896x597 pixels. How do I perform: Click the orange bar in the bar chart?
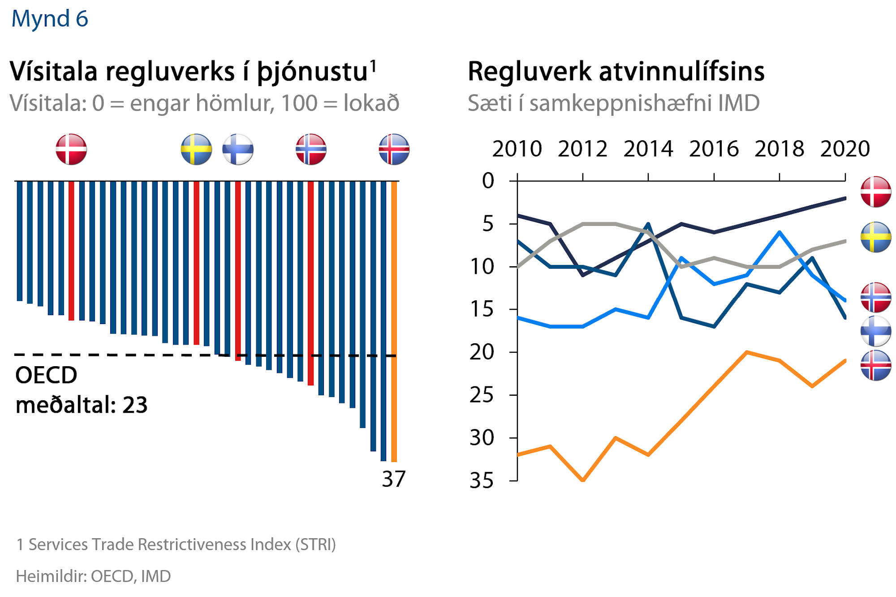[394, 321]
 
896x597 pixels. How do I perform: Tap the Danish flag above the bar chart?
[71, 149]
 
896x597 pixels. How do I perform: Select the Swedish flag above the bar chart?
[196, 149]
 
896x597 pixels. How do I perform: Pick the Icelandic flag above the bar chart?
[394, 149]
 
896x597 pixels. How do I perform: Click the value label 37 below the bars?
[393, 479]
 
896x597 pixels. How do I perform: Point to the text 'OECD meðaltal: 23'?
[81, 390]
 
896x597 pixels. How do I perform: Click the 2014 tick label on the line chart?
[648, 149]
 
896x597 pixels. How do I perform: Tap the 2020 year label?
[844, 149]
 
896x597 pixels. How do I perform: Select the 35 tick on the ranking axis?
[482, 481]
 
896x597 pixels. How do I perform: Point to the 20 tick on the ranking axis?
[482, 352]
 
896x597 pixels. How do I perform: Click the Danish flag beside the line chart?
[875, 192]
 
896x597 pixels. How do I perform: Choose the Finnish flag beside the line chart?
[875, 331]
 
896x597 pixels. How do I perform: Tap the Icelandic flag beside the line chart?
[875, 365]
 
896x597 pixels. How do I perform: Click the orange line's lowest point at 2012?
[583, 480]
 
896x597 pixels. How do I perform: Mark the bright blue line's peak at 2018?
[780, 232]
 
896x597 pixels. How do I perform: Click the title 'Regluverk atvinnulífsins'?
[616, 72]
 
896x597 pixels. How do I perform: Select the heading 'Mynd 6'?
[50, 19]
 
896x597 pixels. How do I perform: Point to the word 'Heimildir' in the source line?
[51, 576]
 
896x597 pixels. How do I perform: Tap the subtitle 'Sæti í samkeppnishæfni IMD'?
[613, 104]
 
